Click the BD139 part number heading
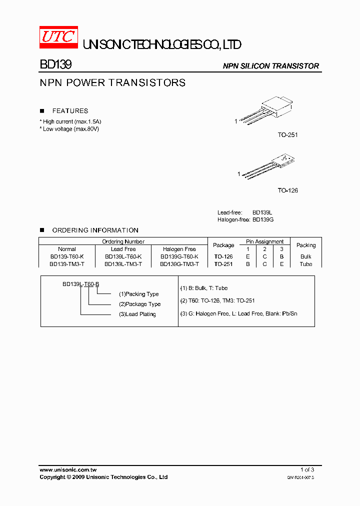click(55, 65)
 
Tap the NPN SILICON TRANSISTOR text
click(270, 66)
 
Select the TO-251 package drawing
click(267, 111)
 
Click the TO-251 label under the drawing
click(288, 135)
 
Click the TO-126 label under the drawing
click(288, 190)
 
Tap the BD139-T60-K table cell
click(66, 256)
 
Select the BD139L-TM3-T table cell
click(123, 264)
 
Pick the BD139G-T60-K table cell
click(179, 256)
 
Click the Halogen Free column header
click(179, 249)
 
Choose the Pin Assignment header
click(264, 241)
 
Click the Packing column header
click(306, 245)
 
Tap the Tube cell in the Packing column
click(306, 264)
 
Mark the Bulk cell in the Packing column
click(306, 256)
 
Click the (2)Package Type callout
click(139, 304)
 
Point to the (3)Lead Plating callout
click(137, 314)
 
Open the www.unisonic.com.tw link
click(68, 470)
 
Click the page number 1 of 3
click(307, 469)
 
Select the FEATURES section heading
click(70, 111)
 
